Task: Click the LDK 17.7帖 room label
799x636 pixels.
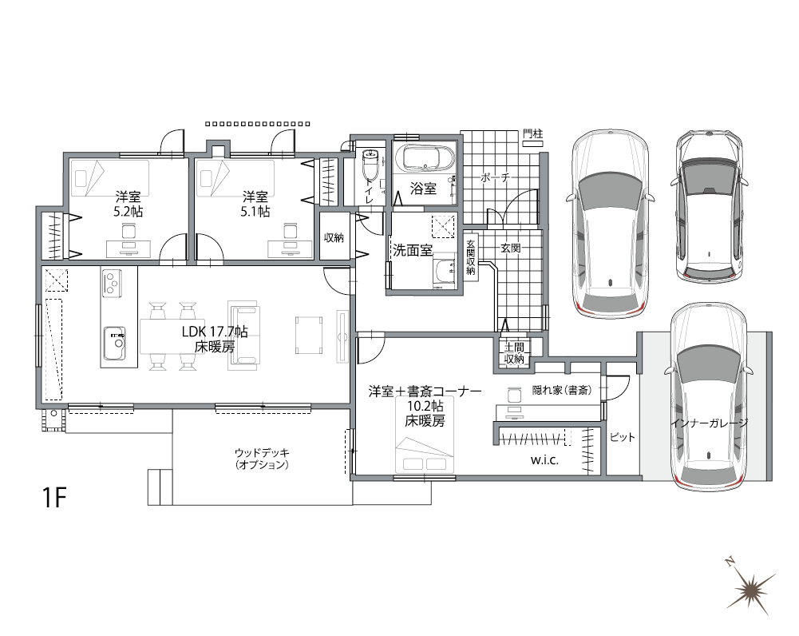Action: [x=214, y=340]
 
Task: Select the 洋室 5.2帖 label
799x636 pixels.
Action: [x=129, y=204]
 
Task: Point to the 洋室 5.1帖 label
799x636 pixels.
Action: [x=255, y=204]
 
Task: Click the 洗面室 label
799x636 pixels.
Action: [x=412, y=249]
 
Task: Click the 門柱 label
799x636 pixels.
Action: [x=532, y=134]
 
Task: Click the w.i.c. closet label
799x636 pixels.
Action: [x=544, y=462]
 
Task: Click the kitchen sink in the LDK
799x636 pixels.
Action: [x=113, y=344]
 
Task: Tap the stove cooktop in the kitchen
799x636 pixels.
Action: [x=111, y=281]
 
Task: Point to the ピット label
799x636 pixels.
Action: [x=621, y=438]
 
